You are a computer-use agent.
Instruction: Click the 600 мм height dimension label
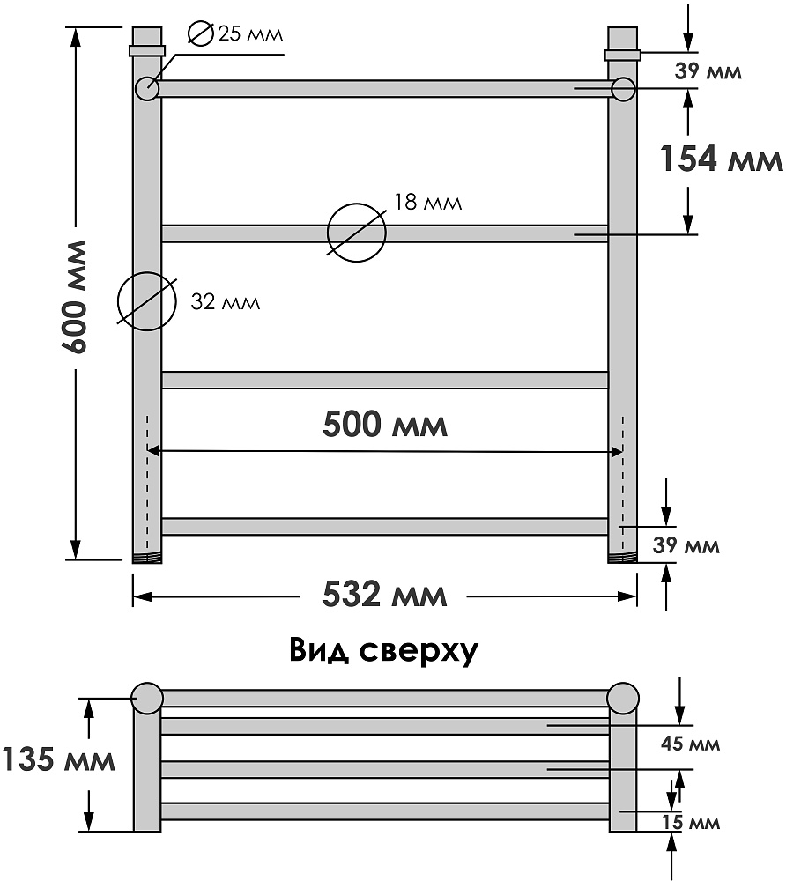pyautogui.click(x=74, y=297)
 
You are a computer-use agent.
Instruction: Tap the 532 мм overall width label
pyautogui.click(x=384, y=595)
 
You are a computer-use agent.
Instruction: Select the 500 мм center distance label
pyautogui.click(x=385, y=424)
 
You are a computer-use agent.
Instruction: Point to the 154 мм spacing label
pyautogui.click(x=721, y=159)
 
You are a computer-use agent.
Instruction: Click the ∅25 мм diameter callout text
pyautogui.click(x=235, y=33)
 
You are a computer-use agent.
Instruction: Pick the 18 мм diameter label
pyautogui.click(x=427, y=203)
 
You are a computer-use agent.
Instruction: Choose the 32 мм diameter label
pyautogui.click(x=226, y=302)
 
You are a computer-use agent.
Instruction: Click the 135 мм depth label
pyautogui.click(x=58, y=759)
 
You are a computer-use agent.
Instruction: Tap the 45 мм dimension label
pyautogui.click(x=690, y=744)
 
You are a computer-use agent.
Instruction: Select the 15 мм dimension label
pyautogui.click(x=691, y=823)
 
